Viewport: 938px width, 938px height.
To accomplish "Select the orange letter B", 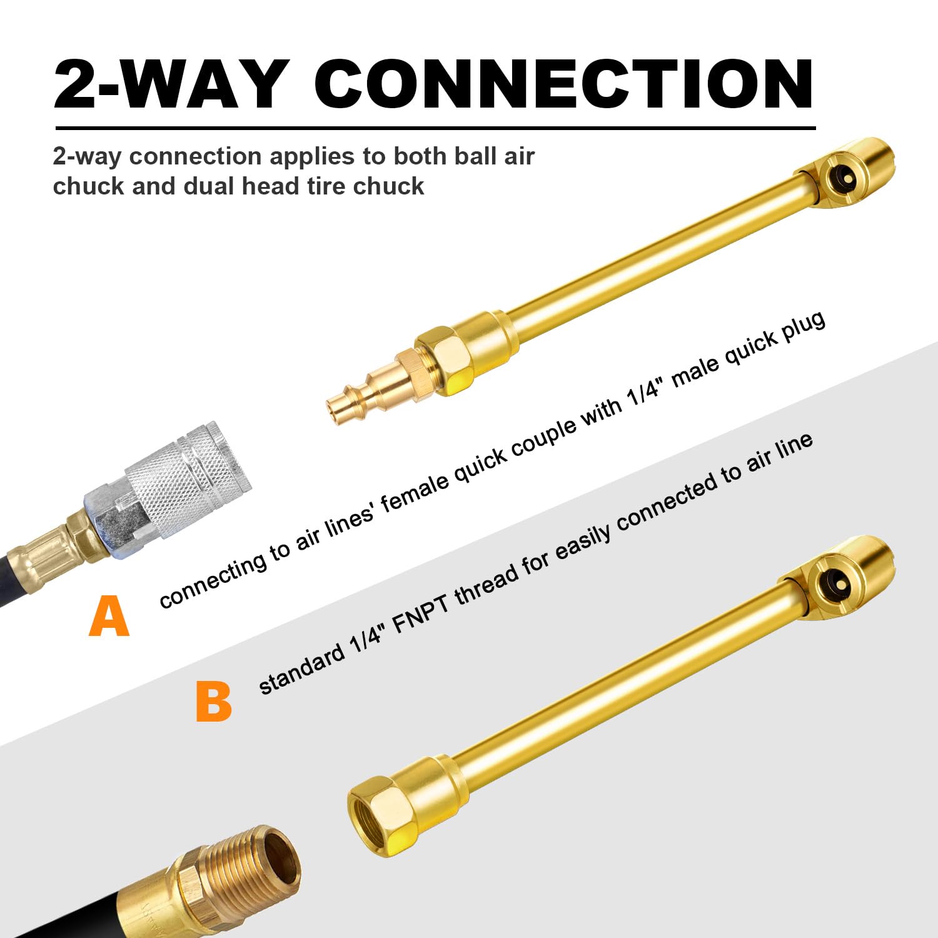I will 213,702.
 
